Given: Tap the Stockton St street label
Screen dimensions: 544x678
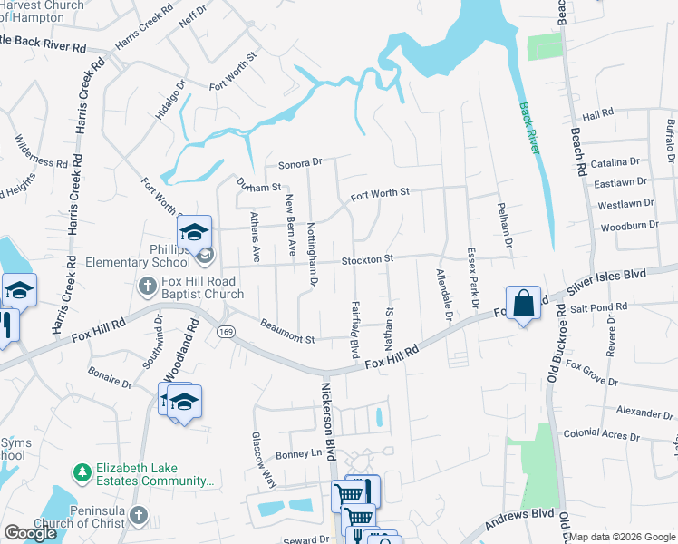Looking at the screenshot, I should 367,259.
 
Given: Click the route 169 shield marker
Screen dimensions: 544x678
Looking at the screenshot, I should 224,333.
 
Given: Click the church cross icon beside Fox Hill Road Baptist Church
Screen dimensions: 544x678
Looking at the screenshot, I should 148,287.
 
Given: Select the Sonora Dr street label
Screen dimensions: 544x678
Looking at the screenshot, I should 300,162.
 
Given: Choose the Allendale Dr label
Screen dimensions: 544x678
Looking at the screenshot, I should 443,296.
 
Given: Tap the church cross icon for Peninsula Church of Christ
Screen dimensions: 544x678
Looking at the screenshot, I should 138,516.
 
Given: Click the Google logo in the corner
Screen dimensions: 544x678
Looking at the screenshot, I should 30,532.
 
